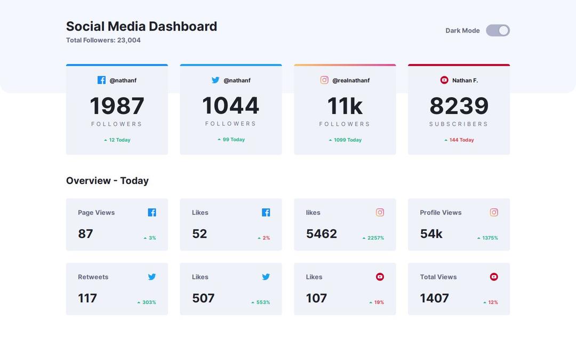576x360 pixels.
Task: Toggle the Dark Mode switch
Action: [498, 30]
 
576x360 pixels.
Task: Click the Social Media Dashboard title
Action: [141, 26]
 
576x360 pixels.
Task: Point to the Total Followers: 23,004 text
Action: [103, 40]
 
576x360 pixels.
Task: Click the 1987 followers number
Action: [117, 106]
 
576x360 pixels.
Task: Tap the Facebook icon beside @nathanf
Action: [101, 80]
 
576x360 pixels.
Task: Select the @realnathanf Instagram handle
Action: [350, 81]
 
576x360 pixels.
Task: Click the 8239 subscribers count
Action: [459, 106]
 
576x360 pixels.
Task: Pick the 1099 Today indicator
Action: [347, 140]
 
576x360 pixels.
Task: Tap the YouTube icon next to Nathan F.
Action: [444, 80]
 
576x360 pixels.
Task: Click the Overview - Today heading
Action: [107, 181]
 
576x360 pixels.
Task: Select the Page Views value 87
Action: [85, 234]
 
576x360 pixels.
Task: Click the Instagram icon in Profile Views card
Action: [494, 212]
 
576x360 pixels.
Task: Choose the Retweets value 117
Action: [87, 298]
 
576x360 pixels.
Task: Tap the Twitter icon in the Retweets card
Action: [152, 277]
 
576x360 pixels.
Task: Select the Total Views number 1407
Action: [434, 298]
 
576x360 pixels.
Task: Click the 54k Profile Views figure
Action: [431, 234]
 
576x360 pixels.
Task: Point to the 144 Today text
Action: [461, 140]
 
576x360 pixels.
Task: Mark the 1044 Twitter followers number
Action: [230, 106]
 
